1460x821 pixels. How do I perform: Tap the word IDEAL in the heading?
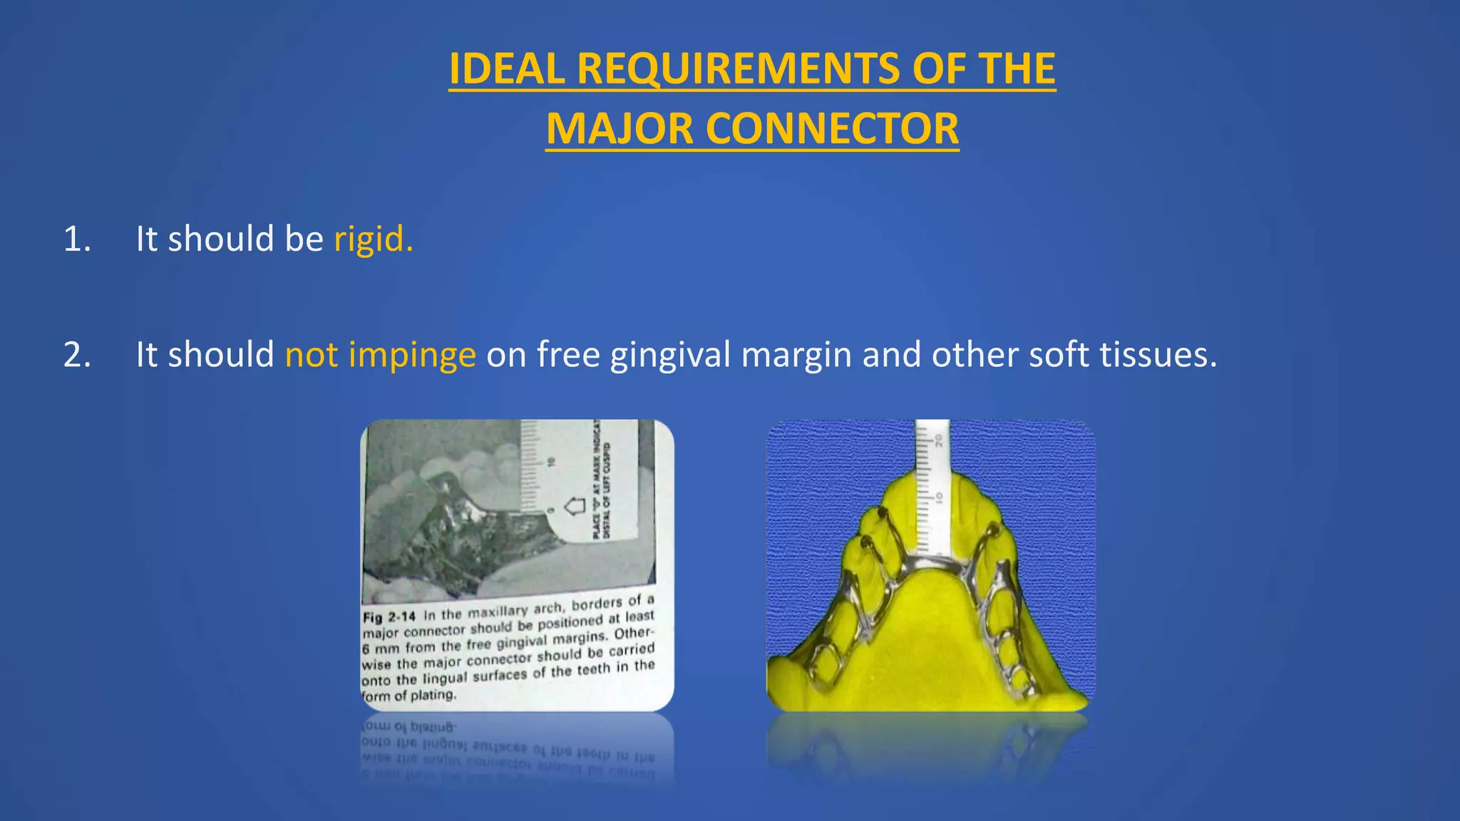coord(507,69)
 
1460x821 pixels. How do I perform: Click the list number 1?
coord(77,239)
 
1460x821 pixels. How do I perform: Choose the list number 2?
coord(77,355)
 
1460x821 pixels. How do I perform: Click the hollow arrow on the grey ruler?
coord(575,507)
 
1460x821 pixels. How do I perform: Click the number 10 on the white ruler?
coord(939,497)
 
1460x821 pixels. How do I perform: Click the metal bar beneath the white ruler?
coord(931,563)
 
